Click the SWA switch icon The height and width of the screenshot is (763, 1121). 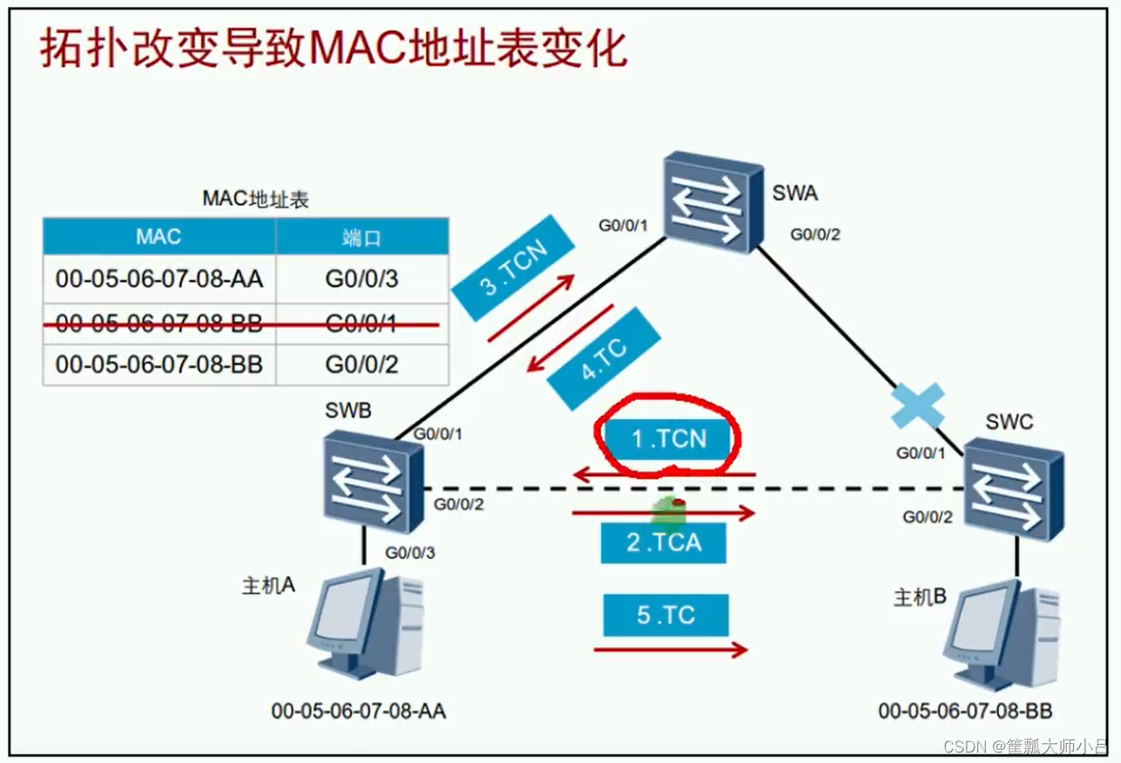point(706,203)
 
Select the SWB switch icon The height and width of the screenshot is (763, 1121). point(373,483)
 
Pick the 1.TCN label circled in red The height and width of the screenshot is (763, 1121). point(668,439)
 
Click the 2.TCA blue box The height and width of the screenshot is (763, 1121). point(663,543)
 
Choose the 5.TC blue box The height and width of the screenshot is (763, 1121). point(665,615)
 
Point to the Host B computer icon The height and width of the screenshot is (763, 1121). point(1002,635)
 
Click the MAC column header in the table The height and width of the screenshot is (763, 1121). point(159,237)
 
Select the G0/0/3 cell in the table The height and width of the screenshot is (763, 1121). point(361,280)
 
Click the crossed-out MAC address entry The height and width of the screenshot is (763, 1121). point(159,321)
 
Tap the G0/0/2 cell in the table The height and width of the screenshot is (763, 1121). point(361,364)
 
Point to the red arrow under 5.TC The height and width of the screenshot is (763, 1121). point(670,650)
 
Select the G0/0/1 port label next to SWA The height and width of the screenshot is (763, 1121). point(624,226)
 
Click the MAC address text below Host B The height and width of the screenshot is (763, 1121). point(965,711)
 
